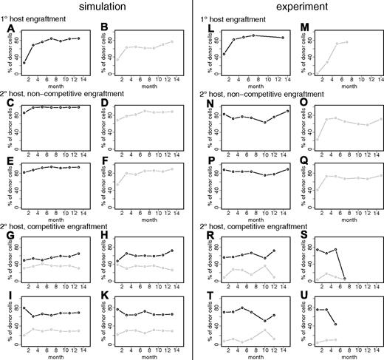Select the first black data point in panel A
[24, 63]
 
